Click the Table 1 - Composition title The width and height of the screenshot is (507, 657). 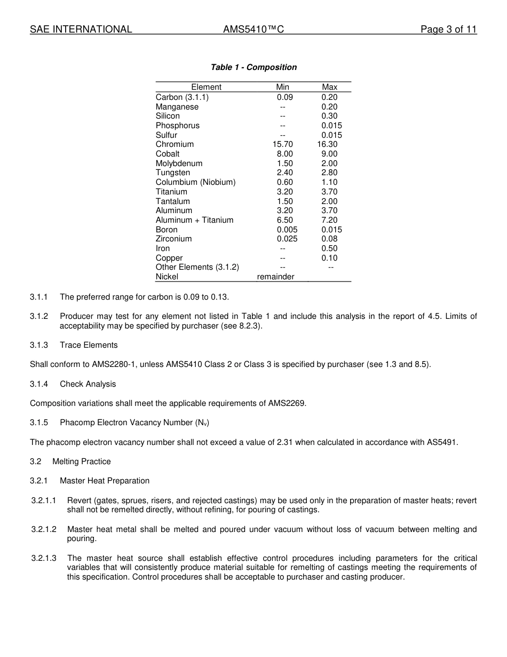[253, 67]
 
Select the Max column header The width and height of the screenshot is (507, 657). [329, 87]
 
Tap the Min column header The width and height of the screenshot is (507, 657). [282, 87]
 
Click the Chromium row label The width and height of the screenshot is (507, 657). [175, 144]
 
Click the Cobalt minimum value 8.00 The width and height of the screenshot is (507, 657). [284, 154]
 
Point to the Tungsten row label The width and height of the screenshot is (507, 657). [172, 173]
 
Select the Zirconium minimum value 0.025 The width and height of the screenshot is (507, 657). [287, 239]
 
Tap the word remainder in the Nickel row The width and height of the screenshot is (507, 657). [275, 277]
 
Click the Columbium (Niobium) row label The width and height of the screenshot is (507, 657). [195, 182]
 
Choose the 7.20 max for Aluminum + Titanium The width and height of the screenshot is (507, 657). [329, 220]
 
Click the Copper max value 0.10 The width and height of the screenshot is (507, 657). [329, 258]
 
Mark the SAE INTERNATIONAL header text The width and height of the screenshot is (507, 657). [81, 29]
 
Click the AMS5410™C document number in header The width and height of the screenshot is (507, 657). [253, 29]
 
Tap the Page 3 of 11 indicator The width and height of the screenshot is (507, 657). [448, 29]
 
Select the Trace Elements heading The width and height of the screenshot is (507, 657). [89, 345]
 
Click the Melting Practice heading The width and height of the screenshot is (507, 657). [81, 462]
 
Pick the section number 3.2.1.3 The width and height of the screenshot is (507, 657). [44, 558]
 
